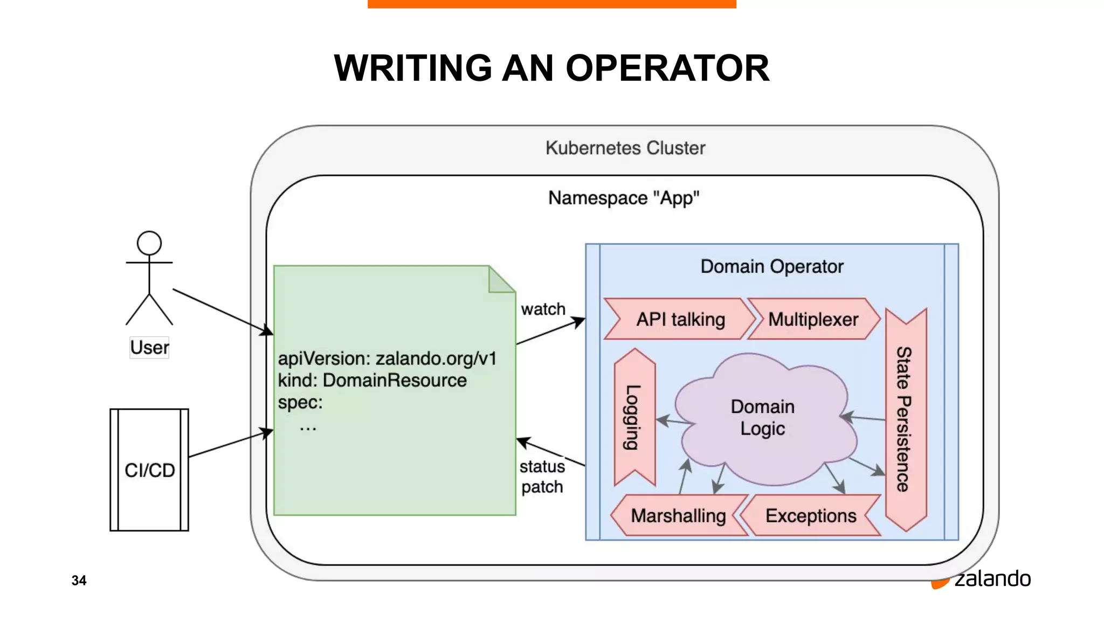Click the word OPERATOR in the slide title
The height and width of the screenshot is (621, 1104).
pos(667,68)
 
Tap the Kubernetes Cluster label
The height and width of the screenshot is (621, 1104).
pos(625,148)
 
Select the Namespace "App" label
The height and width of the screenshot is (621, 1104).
pos(623,198)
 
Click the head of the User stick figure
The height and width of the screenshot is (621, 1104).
pos(149,243)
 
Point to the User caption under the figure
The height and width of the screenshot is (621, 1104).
pos(149,347)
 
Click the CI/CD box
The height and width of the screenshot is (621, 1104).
pos(149,470)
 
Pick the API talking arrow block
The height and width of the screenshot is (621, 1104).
pos(680,319)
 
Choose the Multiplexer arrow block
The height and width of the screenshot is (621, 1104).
pos(813,319)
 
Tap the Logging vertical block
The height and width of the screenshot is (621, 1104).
pos(634,417)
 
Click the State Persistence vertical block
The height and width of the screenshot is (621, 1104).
pos(906,419)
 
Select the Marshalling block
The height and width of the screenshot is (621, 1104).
pos(678,515)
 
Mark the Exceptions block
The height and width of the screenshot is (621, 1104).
pos(810,515)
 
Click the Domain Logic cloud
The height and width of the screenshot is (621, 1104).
pos(762,417)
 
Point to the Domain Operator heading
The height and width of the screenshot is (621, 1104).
pos(771,266)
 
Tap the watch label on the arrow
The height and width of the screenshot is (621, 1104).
pos(543,309)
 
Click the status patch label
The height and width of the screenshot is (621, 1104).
pos(542,477)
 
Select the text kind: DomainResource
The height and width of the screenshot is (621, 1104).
pos(372,380)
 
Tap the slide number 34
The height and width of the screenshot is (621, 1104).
pos(79,580)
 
